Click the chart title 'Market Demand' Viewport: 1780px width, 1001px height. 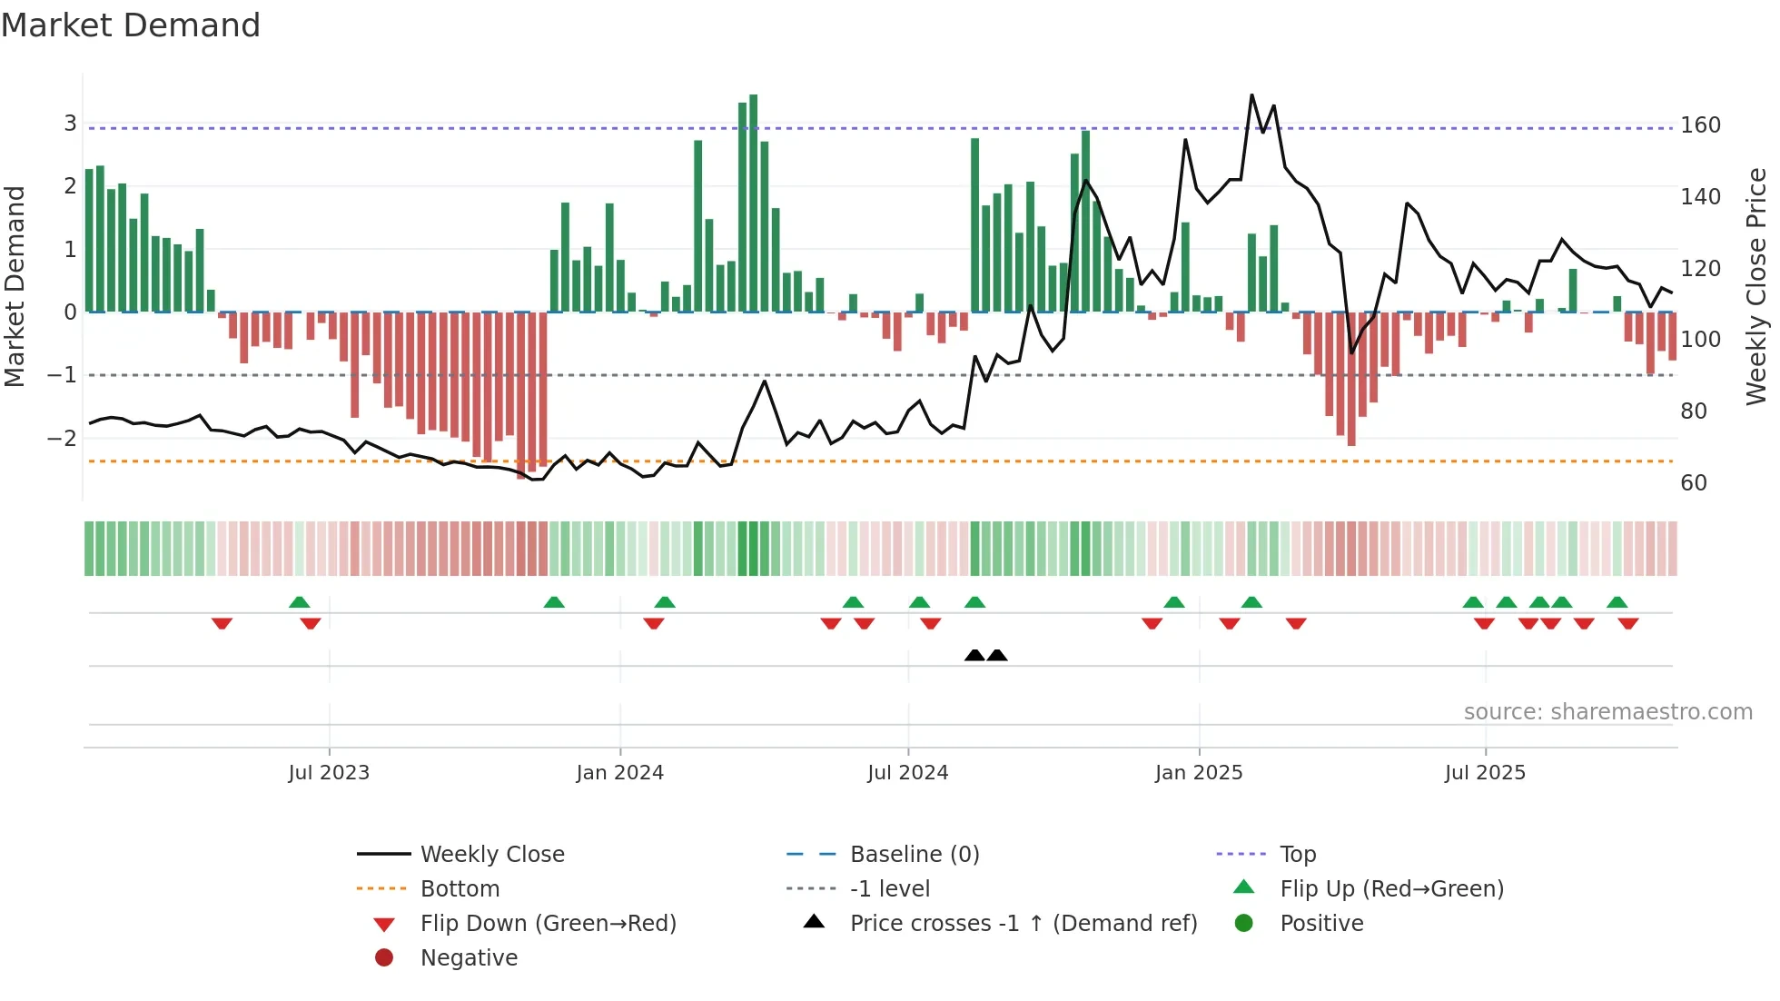pyautogui.click(x=131, y=25)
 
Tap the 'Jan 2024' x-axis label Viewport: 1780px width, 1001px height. pyautogui.click(x=619, y=773)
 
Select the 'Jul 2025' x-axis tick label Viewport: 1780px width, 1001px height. pyautogui.click(x=1485, y=773)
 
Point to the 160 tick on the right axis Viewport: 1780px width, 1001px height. pyautogui.click(x=1700, y=125)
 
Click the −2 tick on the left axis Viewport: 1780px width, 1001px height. pyautogui.click(x=62, y=438)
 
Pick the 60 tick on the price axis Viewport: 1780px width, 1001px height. pyautogui.click(x=1694, y=483)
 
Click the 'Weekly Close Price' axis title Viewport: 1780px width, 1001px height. pyautogui.click(x=1756, y=286)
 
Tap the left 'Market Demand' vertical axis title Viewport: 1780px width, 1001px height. pyautogui.click(x=15, y=286)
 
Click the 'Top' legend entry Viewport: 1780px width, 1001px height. pyautogui.click(x=1297, y=855)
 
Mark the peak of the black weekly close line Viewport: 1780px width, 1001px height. pyautogui.click(x=1251, y=95)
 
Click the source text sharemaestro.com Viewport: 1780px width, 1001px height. pyautogui.click(x=1607, y=712)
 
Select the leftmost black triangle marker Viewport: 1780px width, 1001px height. pyautogui.click(x=974, y=655)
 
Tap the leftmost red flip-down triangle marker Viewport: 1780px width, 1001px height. pyautogui.click(x=222, y=623)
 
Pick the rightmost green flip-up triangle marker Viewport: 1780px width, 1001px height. pyautogui.click(x=1617, y=601)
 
